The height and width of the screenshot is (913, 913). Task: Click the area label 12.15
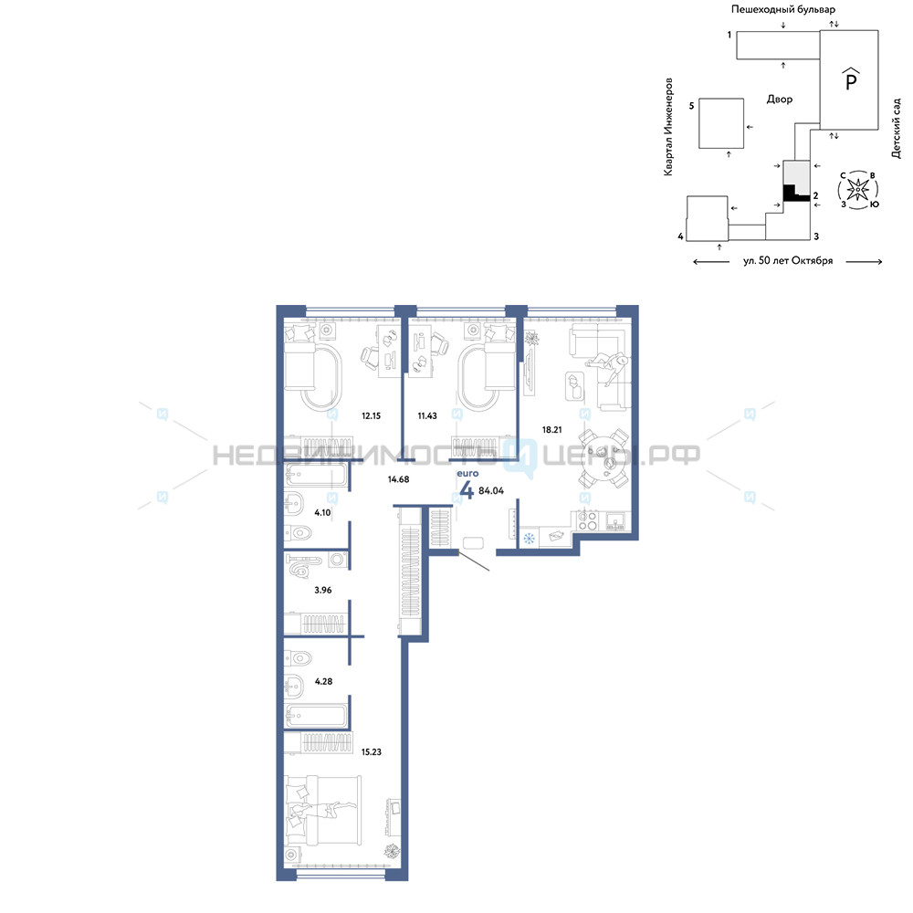pos(371,415)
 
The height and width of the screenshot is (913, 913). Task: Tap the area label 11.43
pos(426,415)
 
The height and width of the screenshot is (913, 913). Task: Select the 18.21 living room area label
pos(552,430)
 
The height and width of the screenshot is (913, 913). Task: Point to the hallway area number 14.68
pos(398,479)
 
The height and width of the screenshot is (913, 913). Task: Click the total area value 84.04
pos(491,491)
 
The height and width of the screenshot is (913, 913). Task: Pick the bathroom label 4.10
pos(322,512)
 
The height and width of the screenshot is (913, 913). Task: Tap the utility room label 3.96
pos(322,590)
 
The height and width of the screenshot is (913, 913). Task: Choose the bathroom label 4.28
pos(323,681)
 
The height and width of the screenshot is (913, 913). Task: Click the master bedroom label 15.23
pos(371,751)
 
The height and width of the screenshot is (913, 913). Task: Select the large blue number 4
pos(467,490)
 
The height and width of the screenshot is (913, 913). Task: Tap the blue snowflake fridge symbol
pos(529,539)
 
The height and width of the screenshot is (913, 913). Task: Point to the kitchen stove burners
pos(587,520)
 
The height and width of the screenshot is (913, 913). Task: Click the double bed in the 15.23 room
pos(322,810)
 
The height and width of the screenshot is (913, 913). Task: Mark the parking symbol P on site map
pos(851,79)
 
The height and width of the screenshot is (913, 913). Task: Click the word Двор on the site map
pos(779,99)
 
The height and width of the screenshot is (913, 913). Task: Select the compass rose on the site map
pos(858,189)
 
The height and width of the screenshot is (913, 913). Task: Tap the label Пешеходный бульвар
pos(783,9)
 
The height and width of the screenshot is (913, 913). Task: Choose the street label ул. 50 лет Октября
pos(788,261)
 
